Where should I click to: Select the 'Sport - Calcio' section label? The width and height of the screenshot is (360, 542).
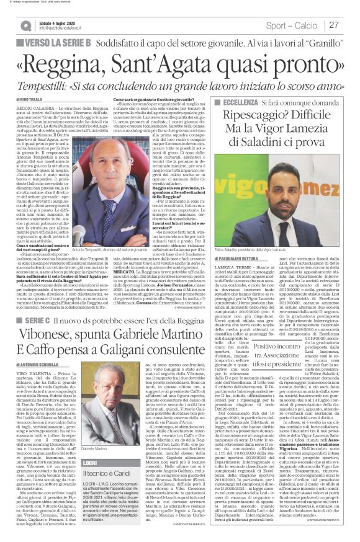[x=290, y=25]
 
